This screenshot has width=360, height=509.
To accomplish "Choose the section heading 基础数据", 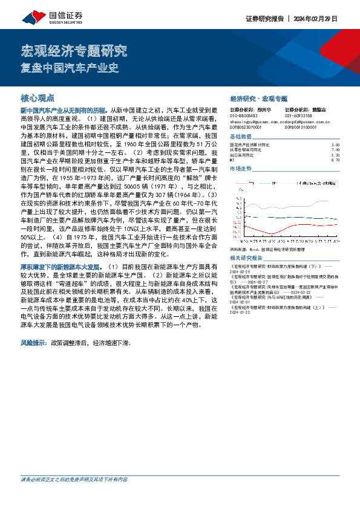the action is [241, 137].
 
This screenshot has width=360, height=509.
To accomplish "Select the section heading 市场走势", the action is [241, 169].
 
